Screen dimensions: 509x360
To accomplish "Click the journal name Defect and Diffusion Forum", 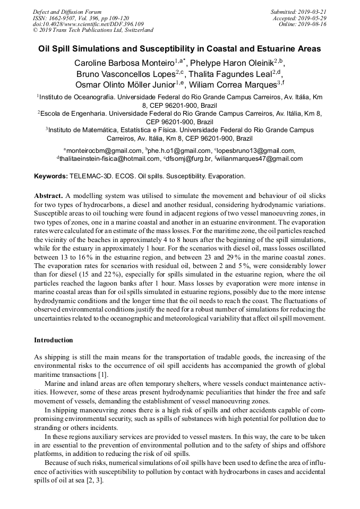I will pyautogui.click(x=67, y=12).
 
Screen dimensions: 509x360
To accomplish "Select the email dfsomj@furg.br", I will pyautogui.click(x=189, y=159).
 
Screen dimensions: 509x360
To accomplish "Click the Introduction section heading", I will pyautogui.click(x=54, y=340).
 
